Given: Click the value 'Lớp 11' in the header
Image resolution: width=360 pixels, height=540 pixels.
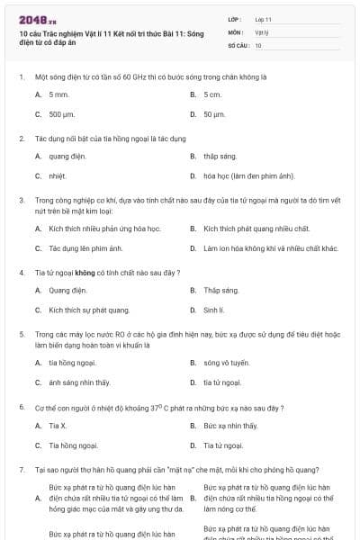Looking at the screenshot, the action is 264,19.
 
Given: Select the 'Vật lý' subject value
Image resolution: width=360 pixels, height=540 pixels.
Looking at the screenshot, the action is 261,31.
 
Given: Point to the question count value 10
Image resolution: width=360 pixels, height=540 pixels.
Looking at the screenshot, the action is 258,45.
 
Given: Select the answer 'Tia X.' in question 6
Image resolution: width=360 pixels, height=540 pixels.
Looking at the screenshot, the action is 58,425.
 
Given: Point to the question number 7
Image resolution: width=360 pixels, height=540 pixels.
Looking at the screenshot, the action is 21,469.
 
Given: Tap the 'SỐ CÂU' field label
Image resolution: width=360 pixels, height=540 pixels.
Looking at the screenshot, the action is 238,45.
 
